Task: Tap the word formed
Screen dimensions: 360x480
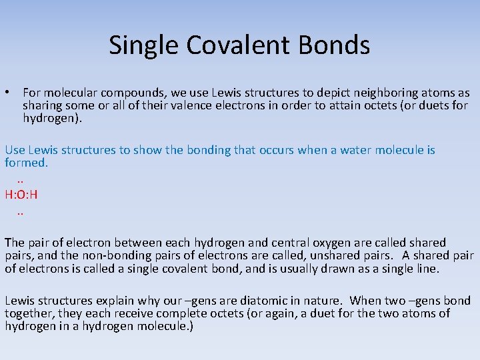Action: coord(26,163)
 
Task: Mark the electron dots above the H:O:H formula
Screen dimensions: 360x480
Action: coord(20,180)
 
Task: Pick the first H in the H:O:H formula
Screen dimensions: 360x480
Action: coord(9,195)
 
